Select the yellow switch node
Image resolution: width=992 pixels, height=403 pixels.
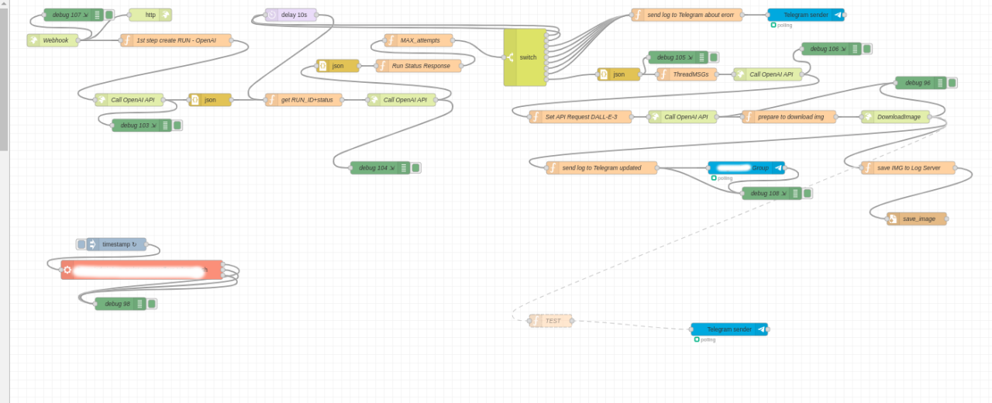point(525,57)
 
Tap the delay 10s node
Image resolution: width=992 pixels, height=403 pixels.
point(291,15)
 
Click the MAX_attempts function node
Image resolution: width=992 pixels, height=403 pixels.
point(418,40)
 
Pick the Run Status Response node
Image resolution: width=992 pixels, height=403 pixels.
point(418,66)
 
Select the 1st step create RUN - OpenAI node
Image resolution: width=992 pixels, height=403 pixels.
point(176,40)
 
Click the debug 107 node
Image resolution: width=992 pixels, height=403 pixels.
point(73,15)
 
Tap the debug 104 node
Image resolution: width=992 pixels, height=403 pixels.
point(379,167)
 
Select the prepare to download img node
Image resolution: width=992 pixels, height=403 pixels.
point(790,117)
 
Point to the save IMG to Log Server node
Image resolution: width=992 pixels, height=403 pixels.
point(908,167)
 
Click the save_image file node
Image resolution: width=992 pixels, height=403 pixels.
point(917,219)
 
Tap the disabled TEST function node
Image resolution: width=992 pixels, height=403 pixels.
point(550,321)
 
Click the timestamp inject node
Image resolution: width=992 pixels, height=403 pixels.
point(116,244)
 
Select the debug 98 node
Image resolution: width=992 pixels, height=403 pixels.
point(120,304)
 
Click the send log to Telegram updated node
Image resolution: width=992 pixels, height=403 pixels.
point(601,167)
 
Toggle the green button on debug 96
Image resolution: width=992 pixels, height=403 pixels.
point(952,83)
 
